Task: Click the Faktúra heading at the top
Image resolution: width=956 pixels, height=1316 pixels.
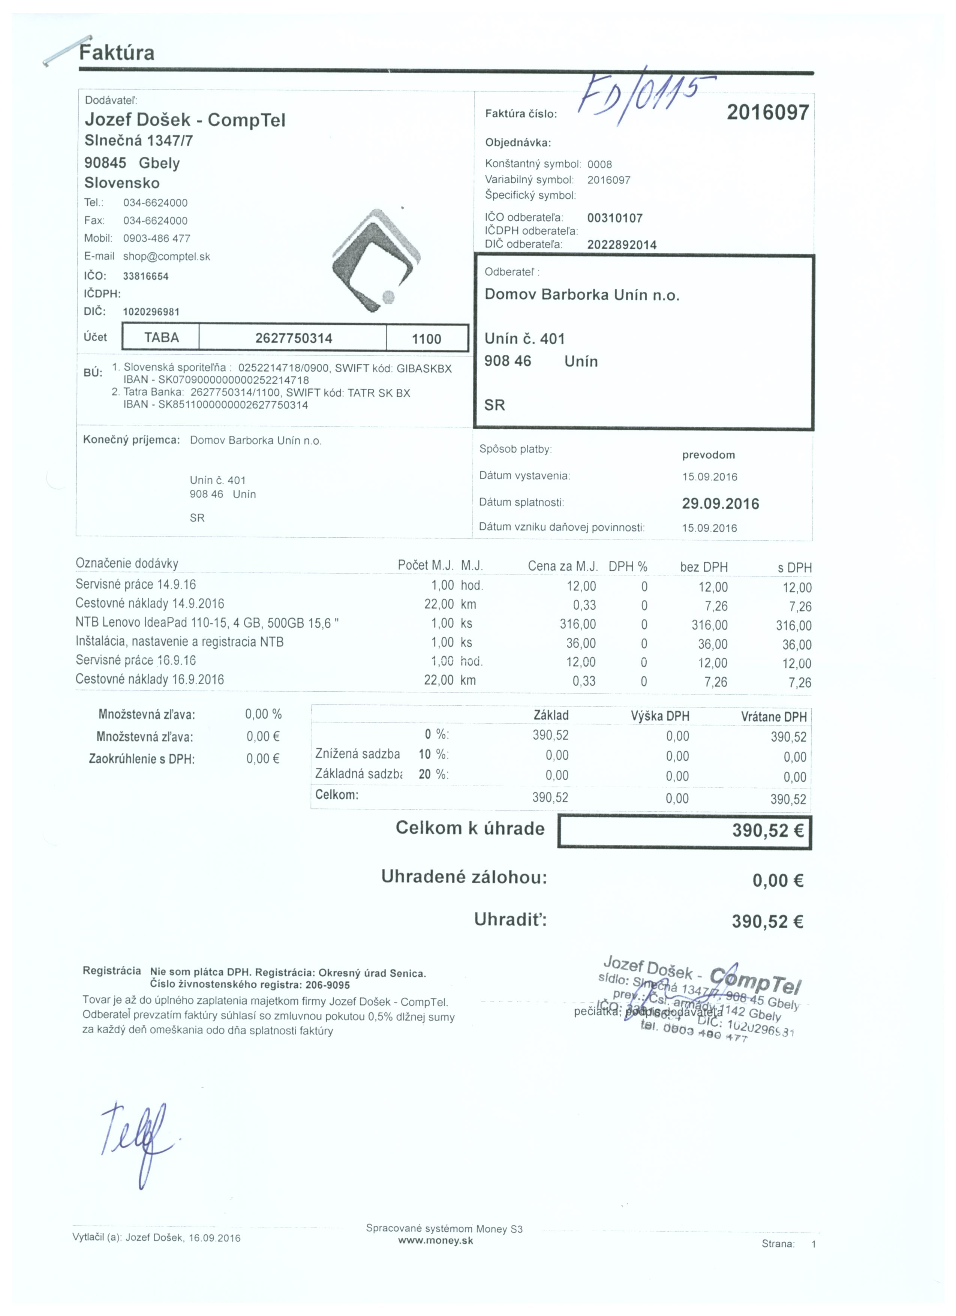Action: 117,53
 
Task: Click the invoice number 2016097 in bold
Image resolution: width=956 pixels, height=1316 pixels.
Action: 767,112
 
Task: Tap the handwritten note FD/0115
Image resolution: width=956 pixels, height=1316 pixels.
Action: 641,99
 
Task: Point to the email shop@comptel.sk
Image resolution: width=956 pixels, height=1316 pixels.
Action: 166,256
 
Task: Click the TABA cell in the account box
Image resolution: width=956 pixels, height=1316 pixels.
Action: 161,338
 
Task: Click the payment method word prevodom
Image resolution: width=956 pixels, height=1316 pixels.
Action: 708,455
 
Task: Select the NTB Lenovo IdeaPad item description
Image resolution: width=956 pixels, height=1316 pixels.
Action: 207,623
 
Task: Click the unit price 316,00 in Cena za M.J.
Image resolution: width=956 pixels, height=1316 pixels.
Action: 578,624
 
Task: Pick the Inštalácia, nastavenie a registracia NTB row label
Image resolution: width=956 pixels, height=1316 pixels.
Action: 179,642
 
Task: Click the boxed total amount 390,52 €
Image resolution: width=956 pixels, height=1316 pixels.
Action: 767,831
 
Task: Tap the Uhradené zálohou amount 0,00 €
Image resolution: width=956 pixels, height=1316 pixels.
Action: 777,881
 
